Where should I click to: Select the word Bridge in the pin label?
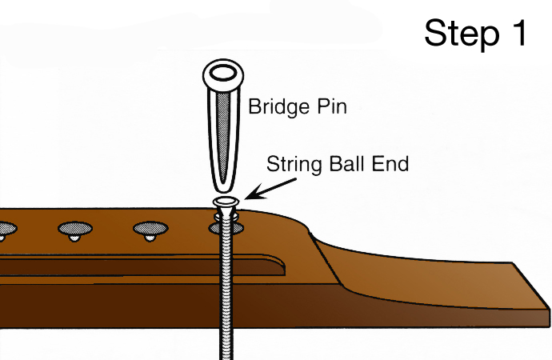coord(277,106)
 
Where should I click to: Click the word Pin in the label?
coord(330,106)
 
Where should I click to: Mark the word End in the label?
coord(393,165)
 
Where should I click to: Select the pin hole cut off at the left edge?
coord(4,230)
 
